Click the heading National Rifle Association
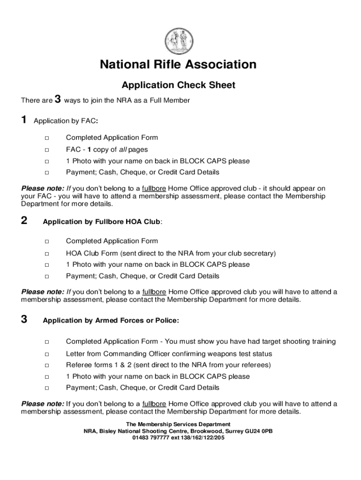click(x=178, y=65)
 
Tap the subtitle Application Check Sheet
click(x=178, y=85)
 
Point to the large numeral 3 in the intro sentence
click(x=58, y=99)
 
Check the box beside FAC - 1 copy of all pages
click(x=47, y=150)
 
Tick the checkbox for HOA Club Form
click(x=47, y=254)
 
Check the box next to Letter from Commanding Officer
click(x=47, y=354)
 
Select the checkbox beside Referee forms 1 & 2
click(x=47, y=365)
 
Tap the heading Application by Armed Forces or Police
click(x=111, y=321)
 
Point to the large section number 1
click(x=24, y=120)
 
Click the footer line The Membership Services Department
click(x=178, y=424)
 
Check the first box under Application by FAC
click(x=47, y=138)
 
